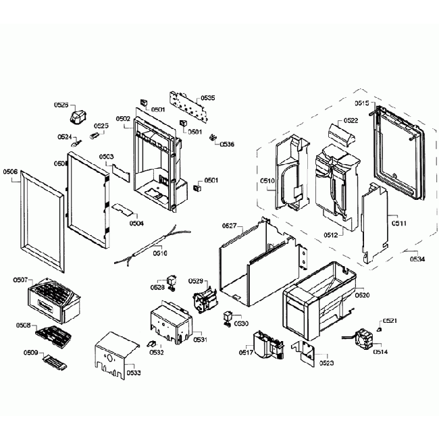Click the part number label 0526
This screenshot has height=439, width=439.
pos(61,105)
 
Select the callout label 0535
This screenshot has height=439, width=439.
pos(208,99)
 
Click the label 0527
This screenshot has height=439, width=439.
pos(230,226)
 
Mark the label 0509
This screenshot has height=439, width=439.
pos(31,352)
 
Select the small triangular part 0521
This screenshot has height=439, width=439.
pos(378,329)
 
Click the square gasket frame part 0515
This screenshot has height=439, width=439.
pos(398,145)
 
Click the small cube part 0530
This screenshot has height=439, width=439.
pos(228,315)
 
